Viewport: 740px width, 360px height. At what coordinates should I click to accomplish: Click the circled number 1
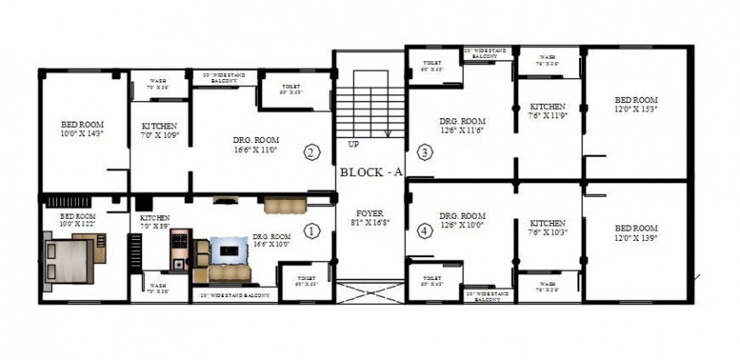click(311, 230)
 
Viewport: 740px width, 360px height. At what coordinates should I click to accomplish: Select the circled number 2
click(311, 153)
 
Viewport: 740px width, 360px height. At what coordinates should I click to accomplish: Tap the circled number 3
click(424, 153)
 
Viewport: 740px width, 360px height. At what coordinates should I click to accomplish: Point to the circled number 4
click(424, 230)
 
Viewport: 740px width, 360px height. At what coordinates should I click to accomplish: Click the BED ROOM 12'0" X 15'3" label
click(636, 104)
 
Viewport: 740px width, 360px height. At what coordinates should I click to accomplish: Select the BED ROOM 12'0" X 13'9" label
click(636, 232)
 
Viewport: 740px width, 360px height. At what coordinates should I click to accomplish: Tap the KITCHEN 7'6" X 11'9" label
click(548, 111)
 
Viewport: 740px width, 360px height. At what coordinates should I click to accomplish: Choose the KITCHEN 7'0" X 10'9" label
click(159, 130)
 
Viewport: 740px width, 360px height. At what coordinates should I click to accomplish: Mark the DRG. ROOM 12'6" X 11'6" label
click(462, 125)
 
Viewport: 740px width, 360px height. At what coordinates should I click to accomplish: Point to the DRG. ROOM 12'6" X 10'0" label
click(462, 220)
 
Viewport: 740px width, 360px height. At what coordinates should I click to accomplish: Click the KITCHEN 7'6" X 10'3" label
click(548, 226)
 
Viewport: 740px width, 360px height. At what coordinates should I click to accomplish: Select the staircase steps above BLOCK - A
click(367, 106)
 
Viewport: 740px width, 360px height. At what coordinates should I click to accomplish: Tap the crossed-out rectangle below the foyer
click(368, 294)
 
